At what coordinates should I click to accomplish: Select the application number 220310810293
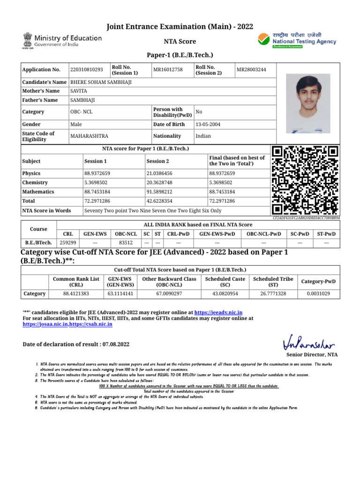click(86, 70)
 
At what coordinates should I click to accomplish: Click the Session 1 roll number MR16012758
click(168, 70)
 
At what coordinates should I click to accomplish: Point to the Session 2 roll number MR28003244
click(251, 70)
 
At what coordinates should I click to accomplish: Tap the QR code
click(305, 180)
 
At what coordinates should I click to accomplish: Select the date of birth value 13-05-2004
click(208, 124)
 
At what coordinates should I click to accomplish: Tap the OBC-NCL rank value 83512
click(126, 243)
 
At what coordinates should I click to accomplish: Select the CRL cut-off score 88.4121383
click(76, 293)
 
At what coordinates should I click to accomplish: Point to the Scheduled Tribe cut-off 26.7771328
click(273, 293)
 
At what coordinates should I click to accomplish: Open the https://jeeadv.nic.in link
click(218, 312)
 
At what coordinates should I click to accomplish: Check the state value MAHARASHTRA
click(89, 136)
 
